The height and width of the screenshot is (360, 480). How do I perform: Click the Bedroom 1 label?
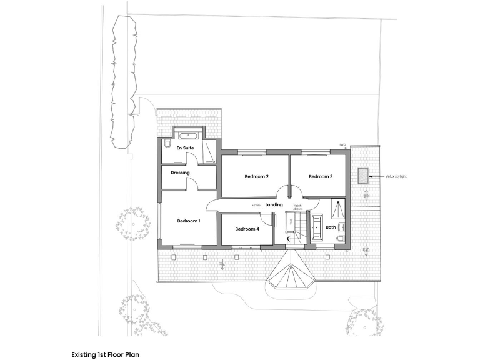pyautogui.click(x=188, y=221)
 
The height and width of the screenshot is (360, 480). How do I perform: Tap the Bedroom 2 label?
pyautogui.click(x=256, y=177)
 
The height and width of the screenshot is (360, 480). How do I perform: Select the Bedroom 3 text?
pyautogui.click(x=321, y=177)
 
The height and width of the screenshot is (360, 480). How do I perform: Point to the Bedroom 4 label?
pyautogui.click(x=247, y=229)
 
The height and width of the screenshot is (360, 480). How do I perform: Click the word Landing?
pyautogui.click(x=274, y=205)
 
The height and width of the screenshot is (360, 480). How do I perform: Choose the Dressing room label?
pyautogui.click(x=180, y=172)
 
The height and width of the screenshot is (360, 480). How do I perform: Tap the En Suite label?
pyautogui.click(x=186, y=148)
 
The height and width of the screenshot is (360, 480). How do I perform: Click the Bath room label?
pyautogui.click(x=331, y=227)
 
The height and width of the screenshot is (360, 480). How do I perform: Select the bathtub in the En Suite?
pyautogui.click(x=187, y=135)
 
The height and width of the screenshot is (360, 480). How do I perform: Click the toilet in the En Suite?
pyautogui.click(x=166, y=145)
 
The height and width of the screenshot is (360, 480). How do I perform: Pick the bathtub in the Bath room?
pyautogui.click(x=316, y=227)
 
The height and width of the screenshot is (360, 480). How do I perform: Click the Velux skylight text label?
pyautogui.click(x=396, y=177)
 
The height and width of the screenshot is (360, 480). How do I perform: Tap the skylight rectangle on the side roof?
pyautogui.click(x=362, y=176)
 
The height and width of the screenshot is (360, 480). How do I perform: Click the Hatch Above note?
pyautogui.click(x=298, y=208)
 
